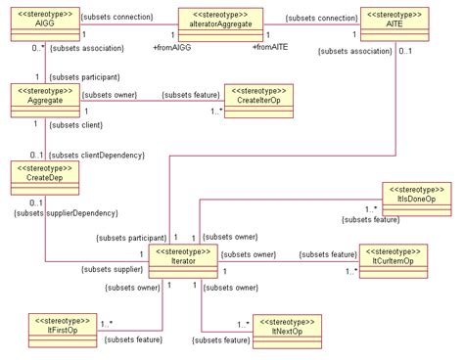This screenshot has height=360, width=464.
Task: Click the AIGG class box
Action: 45,22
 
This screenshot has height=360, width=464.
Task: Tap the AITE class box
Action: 394,22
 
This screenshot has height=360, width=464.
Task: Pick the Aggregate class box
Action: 45,98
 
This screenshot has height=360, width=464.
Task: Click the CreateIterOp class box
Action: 258,99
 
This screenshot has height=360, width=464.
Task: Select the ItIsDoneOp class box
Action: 414,197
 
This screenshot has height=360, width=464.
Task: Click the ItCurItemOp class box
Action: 394,256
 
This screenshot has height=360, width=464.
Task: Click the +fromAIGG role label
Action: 172,46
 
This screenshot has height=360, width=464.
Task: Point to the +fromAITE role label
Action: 269,46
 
